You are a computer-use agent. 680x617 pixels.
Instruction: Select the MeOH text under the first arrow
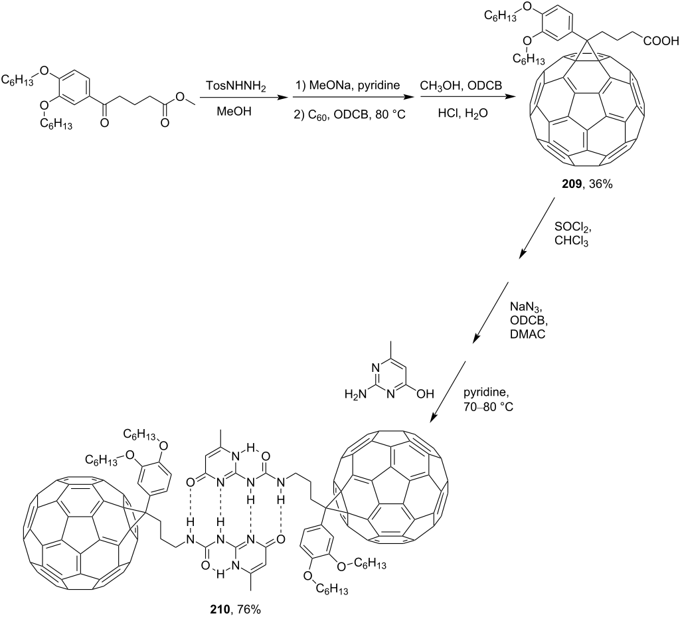click(x=234, y=112)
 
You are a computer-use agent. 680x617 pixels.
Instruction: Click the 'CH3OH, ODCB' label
click(x=461, y=86)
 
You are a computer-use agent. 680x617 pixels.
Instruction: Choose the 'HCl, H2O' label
click(x=463, y=114)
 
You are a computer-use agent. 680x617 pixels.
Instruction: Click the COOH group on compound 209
click(x=661, y=41)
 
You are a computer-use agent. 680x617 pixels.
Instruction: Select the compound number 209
click(x=571, y=184)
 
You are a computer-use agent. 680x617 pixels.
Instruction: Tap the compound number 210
click(x=220, y=610)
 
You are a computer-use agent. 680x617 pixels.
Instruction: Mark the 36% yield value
click(x=600, y=184)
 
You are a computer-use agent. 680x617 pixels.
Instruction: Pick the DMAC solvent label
click(x=527, y=334)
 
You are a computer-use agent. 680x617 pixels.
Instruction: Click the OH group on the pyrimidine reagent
click(x=425, y=394)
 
